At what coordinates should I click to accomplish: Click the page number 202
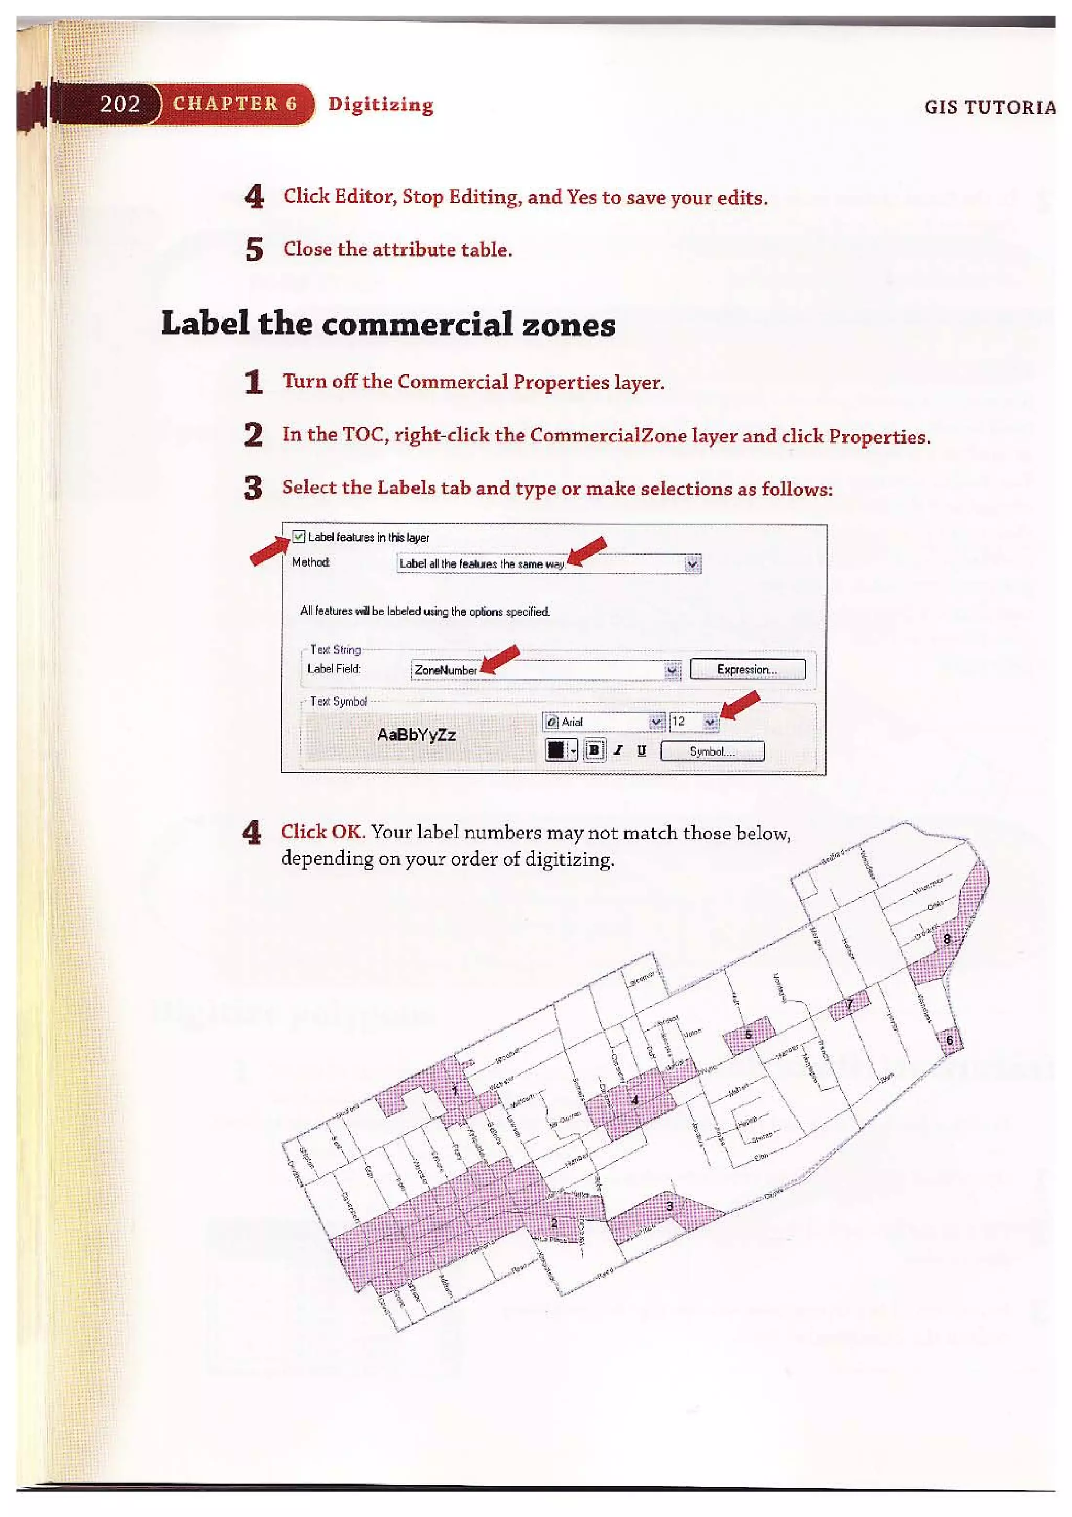tap(119, 104)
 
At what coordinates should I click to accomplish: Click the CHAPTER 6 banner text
tap(234, 104)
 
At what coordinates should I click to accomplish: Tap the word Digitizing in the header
tap(381, 104)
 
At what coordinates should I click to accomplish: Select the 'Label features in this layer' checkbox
tap(298, 537)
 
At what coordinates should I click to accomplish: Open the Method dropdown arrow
tap(691, 564)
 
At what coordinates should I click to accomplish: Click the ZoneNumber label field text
tap(445, 670)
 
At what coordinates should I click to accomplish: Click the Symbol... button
tap(712, 751)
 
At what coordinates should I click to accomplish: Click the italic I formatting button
tap(618, 750)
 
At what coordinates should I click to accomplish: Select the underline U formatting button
tap(641, 750)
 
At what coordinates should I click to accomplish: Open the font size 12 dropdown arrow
tap(710, 722)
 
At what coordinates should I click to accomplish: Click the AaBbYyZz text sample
tap(416, 735)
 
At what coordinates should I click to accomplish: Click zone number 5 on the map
tap(749, 1035)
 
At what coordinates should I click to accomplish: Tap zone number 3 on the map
tap(669, 1206)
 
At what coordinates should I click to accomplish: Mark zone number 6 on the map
tap(950, 1040)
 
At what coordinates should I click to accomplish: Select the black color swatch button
tap(555, 750)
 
